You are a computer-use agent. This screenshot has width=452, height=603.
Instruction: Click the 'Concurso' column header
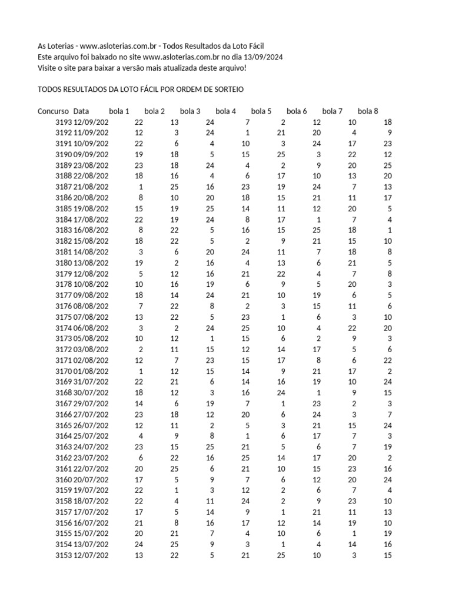[54, 111]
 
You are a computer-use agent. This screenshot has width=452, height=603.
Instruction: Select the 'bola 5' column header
[261, 111]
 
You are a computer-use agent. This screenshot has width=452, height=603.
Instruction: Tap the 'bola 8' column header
[368, 111]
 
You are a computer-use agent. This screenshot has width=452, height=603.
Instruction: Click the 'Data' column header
[81, 111]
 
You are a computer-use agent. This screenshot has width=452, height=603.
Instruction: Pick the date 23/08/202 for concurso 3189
[91, 165]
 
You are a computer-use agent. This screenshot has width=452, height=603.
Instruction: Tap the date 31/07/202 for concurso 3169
[91, 382]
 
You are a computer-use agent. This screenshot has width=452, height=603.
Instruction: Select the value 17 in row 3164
[317, 436]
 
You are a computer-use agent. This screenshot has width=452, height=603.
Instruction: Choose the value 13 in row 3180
[281, 263]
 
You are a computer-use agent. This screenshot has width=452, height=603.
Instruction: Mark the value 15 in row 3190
[245, 154]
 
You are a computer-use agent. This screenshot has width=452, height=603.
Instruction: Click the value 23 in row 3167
[317, 404]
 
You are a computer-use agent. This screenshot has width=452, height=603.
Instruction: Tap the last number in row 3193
[387, 122]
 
